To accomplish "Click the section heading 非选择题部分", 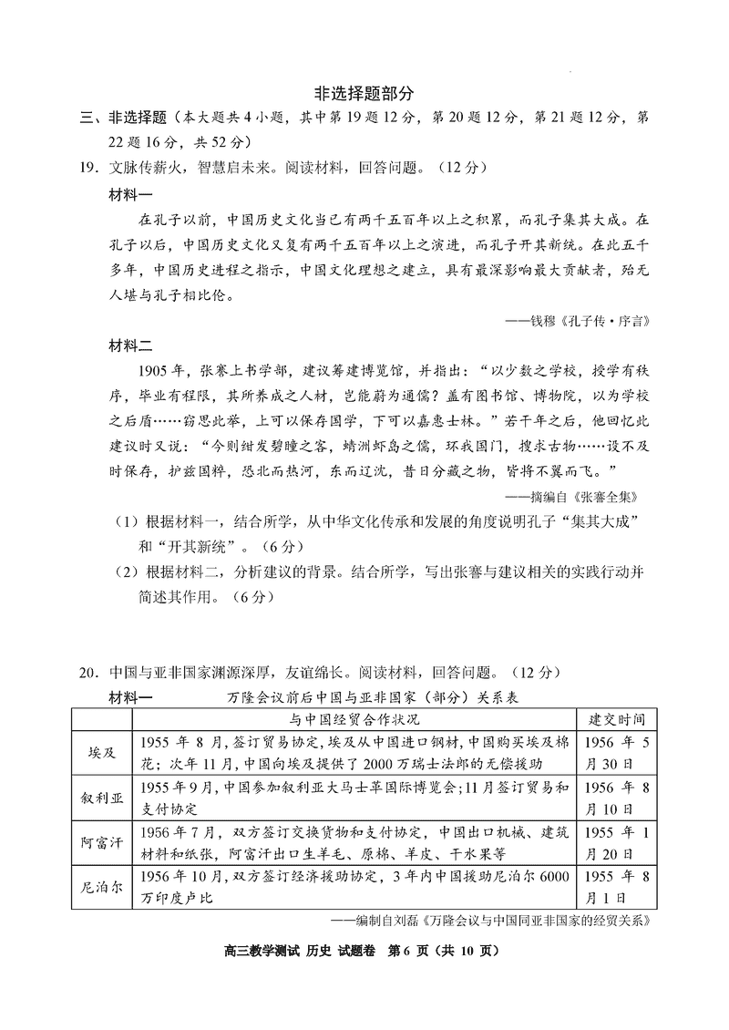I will coord(364,93).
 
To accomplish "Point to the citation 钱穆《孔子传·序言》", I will coord(584,321).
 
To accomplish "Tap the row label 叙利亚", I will coord(100,797).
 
